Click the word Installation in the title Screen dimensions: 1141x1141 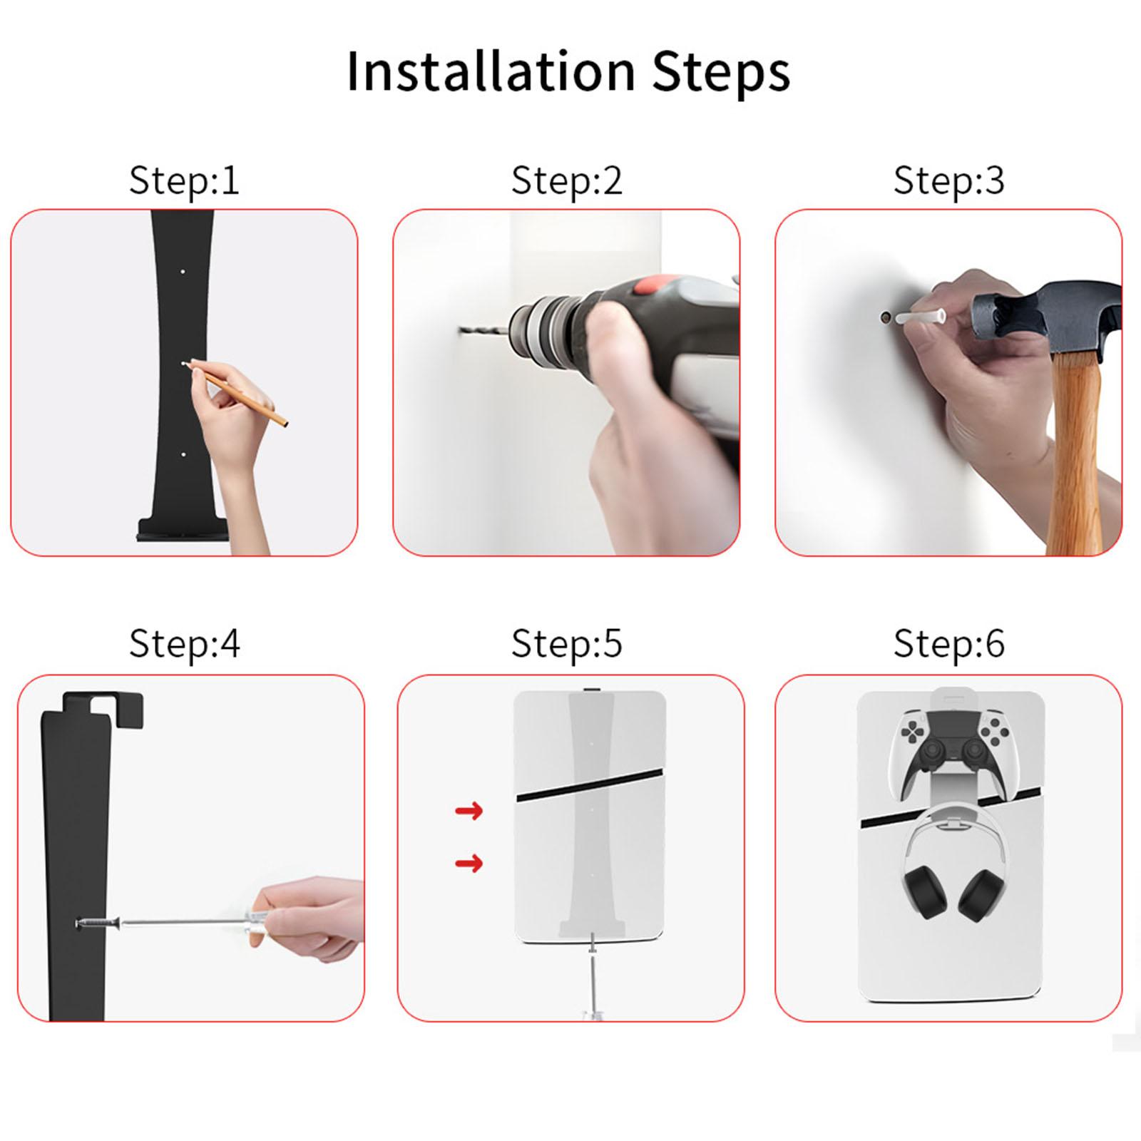tap(491, 71)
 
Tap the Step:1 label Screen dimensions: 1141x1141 tap(184, 180)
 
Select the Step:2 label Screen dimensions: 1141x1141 tap(567, 180)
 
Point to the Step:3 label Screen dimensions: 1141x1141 tap(949, 180)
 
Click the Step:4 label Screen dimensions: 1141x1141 tap(184, 643)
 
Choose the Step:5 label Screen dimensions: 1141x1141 tap(567, 643)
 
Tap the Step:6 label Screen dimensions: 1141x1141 tap(949, 643)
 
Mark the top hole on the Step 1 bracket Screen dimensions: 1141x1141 tap(183, 272)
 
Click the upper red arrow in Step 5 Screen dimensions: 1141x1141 tap(469, 810)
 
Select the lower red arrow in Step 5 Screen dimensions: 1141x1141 tap(469, 864)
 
